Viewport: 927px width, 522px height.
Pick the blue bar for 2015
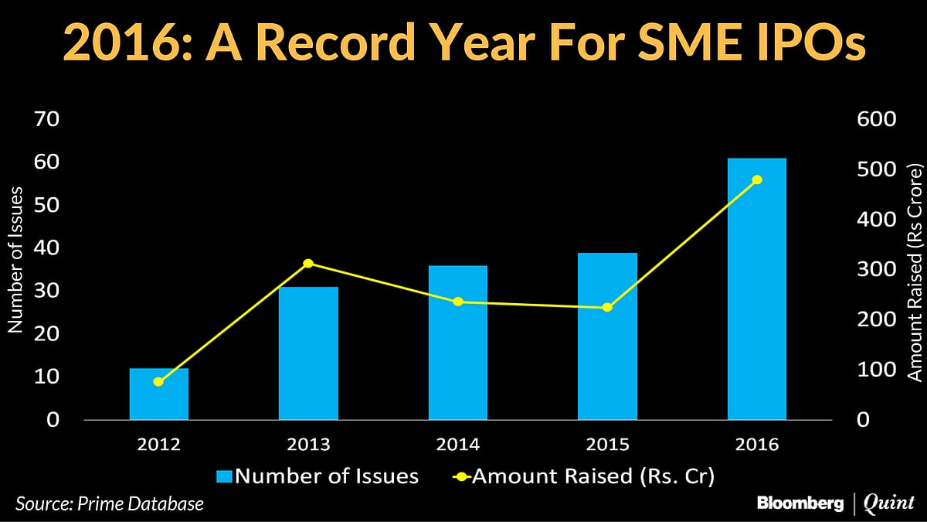607,336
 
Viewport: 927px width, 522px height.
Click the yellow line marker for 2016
757,180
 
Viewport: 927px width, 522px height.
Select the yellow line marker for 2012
158,382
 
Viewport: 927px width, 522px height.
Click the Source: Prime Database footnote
110,504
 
